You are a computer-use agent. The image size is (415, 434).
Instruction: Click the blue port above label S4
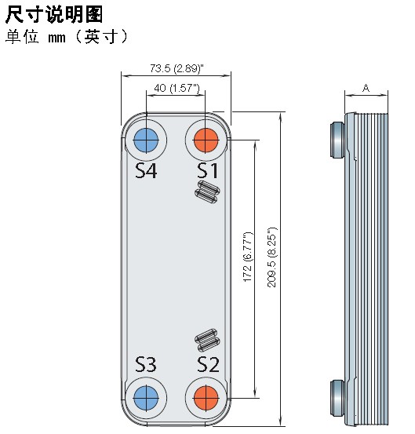click(x=146, y=140)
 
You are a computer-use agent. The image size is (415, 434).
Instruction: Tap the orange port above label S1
click(x=206, y=140)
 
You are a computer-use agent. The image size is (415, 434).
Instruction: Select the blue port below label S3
click(x=146, y=398)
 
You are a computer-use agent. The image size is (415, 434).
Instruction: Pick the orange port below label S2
click(x=206, y=398)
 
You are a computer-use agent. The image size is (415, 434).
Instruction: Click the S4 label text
click(x=146, y=170)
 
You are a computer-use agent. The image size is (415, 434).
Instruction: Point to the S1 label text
click(x=207, y=170)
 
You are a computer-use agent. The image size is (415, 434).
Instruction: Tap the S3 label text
click(x=146, y=364)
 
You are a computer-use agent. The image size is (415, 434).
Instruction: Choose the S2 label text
click(x=208, y=364)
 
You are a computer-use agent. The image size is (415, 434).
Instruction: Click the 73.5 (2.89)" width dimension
click(x=177, y=68)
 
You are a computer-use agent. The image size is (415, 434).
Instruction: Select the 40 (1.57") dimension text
click(x=177, y=89)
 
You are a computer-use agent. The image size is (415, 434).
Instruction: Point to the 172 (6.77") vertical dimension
click(x=248, y=257)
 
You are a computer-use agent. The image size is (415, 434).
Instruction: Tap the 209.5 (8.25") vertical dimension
click(x=272, y=257)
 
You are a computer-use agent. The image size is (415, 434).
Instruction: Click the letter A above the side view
click(x=366, y=89)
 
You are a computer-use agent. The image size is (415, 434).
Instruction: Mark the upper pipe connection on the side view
click(x=337, y=140)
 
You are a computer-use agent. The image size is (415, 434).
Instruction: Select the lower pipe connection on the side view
click(x=337, y=398)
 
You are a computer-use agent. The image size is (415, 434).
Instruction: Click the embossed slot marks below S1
click(x=207, y=192)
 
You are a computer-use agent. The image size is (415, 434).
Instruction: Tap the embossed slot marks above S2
click(x=207, y=340)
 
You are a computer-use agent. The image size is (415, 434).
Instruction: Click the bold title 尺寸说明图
click(x=54, y=14)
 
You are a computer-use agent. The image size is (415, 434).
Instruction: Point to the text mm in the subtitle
click(x=56, y=38)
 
